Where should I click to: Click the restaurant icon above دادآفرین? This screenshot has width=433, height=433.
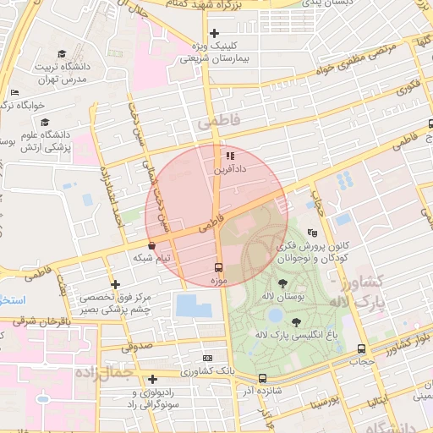point(229,156)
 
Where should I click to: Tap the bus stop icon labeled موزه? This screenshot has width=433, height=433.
point(219,267)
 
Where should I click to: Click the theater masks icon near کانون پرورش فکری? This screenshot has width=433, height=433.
point(312,232)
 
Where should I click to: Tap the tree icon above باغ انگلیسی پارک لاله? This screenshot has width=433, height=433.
point(296,322)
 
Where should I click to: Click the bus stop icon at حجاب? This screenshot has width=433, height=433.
point(362,348)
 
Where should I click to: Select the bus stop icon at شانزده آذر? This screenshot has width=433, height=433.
point(262,378)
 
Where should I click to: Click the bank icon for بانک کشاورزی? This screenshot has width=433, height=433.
point(207,359)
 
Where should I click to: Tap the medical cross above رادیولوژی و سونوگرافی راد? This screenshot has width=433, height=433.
point(152,379)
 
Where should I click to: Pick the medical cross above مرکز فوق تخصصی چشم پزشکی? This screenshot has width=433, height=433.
point(115,284)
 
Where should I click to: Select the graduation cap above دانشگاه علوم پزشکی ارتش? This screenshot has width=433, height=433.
point(63,123)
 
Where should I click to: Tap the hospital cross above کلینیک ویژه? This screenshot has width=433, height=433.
point(214,33)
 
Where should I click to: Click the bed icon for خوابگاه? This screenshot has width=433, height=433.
point(14,93)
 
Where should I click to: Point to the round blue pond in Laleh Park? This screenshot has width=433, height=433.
point(275,315)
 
